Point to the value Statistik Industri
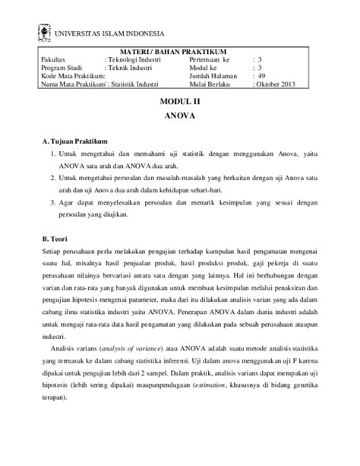tap(140, 84)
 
